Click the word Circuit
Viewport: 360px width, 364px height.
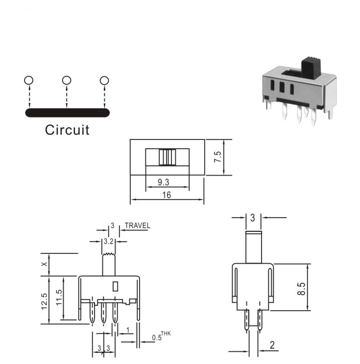tap(67, 130)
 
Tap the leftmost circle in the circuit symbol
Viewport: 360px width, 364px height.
tap(28, 80)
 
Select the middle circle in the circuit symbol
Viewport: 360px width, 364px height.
tap(67, 80)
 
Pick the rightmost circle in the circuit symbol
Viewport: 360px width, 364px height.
tap(104, 81)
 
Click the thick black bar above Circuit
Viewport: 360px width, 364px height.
tap(68, 113)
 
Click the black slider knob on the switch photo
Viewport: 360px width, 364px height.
tap(311, 68)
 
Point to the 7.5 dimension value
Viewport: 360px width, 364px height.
tap(218, 157)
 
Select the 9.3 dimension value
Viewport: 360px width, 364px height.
tap(164, 182)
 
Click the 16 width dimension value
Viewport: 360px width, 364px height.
tap(167, 195)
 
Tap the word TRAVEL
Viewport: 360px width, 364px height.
tap(137, 226)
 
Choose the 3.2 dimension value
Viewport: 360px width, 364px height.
tap(109, 242)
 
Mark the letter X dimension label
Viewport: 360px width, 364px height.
tap(44, 264)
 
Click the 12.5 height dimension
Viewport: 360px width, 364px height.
tap(44, 301)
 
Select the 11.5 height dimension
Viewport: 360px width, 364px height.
tap(59, 297)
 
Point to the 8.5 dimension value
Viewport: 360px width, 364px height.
tap(301, 289)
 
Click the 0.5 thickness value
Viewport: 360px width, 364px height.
tap(157, 338)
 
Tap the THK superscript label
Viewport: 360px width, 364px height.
tap(166, 334)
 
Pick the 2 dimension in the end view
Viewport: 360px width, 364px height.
tap(272, 345)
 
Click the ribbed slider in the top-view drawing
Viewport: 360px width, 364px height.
tap(168, 157)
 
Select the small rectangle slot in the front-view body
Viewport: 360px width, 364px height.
tap(115, 286)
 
